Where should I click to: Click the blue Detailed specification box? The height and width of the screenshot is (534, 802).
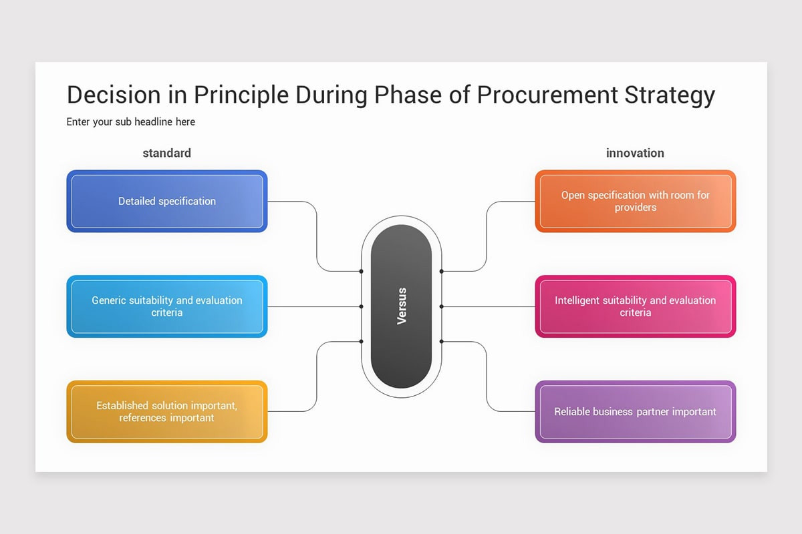(167, 201)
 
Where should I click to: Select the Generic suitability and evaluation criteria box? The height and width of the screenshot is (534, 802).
(167, 306)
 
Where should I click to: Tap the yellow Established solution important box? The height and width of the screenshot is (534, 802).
(167, 412)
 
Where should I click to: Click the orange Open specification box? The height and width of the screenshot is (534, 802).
(635, 201)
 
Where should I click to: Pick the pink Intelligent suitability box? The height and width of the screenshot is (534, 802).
(635, 306)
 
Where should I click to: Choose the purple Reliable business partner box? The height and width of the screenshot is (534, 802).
(635, 412)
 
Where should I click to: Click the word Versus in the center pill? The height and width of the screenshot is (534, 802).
(402, 306)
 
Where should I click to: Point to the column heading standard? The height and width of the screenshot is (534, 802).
(167, 153)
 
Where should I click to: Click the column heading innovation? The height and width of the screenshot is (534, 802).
(635, 153)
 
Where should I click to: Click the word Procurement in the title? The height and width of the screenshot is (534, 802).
(547, 95)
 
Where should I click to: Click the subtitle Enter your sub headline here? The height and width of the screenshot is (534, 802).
(131, 122)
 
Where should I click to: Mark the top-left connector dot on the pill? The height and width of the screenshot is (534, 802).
(361, 272)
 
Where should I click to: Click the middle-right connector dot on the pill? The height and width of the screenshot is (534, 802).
(442, 306)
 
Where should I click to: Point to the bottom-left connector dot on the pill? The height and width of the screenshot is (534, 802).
(361, 341)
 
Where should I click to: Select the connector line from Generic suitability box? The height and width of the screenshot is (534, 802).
(314, 306)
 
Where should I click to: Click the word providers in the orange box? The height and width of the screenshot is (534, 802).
(635, 208)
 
